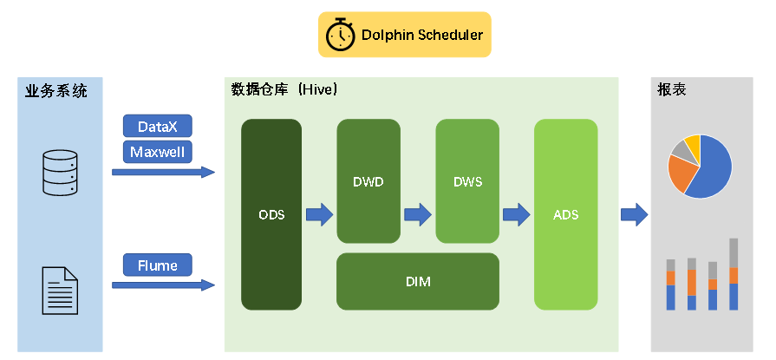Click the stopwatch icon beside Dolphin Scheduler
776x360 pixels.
point(340,35)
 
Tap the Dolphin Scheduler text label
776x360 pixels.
point(422,36)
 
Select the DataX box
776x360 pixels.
point(158,127)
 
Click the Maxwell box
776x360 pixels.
point(158,152)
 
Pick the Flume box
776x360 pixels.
point(158,265)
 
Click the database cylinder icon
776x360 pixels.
point(60,172)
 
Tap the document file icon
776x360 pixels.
point(60,291)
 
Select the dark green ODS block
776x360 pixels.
point(271,214)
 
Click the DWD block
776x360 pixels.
point(368,182)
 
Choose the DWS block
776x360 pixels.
point(467,182)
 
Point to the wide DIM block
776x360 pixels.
point(418,281)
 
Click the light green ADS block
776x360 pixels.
point(565,214)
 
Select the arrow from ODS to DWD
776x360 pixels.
point(319,213)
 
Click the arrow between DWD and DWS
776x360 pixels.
point(418,213)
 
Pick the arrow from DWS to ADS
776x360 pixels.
point(517,213)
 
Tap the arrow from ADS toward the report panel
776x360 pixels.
point(635,213)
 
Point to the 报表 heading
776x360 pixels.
point(672,89)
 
